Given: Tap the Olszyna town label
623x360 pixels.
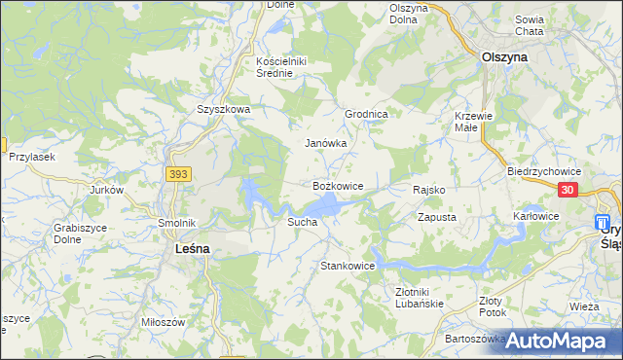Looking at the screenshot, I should (x=504, y=57).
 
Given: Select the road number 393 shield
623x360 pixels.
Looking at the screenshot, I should (x=178, y=174).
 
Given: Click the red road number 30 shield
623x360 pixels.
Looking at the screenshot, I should (x=569, y=192).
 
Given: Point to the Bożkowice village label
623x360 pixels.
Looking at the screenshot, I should (x=338, y=185).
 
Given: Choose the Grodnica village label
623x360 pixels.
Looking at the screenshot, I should (x=367, y=114).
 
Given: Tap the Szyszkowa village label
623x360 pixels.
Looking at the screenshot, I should (x=224, y=110).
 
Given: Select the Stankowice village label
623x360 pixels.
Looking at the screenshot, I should (x=348, y=265).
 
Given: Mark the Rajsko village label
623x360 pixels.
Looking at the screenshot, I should (x=429, y=190).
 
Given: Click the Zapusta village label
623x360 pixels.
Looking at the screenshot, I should (x=437, y=218).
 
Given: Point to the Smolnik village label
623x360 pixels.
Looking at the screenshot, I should (x=178, y=222).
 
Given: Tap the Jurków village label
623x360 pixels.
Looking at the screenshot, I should (x=107, y=190).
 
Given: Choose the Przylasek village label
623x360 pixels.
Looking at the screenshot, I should (x=31, y=157).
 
